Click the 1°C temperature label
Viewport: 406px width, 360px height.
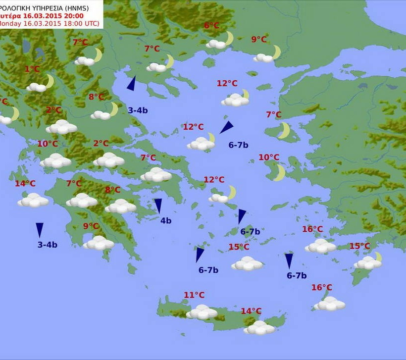point(32,69)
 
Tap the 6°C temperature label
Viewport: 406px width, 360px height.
point(211,26)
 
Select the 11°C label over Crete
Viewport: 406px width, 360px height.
point(194,295)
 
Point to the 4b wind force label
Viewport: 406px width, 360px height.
point(166,221)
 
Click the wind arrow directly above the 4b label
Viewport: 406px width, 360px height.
point(158,205)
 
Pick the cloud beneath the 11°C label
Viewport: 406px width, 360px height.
point(202,312)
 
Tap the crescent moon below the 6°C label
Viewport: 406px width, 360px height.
point(229,38)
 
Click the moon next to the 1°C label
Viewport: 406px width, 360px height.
point(49,81)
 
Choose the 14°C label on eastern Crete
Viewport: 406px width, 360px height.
point(251,311)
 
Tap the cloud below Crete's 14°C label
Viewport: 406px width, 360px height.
point(259,327)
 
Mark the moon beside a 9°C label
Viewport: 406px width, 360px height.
point(275,51)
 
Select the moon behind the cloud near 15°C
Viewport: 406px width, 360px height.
point(377,257)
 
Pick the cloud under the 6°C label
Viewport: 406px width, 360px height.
point(216,44)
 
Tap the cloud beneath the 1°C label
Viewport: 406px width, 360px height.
point(36,87)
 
